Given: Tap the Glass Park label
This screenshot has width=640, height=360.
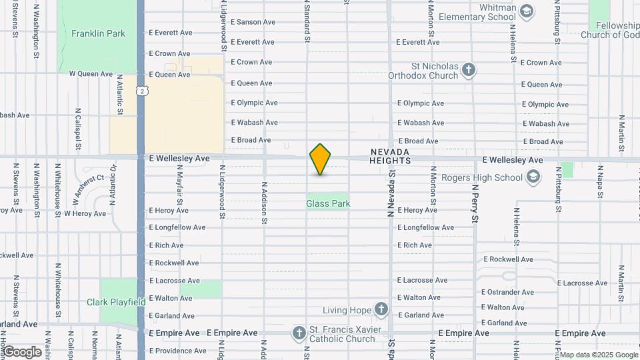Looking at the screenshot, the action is pyautogui.click(x=328, y=203).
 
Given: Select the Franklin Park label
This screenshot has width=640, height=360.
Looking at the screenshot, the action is pyautogui.click(x=98, y=33).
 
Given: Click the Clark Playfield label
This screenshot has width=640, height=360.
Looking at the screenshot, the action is pyautogui.click(x=116, y=302).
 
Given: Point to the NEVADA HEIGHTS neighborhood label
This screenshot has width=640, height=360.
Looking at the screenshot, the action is pyautogui.click(x=390, y=156).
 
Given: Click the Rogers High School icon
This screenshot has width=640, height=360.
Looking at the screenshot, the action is pyautogui.click(x=533, y=177).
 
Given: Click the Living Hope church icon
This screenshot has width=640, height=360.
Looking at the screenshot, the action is pyautogui.click(x=381, y=309).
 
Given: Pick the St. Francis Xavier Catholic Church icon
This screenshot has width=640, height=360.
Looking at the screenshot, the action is pyautogui.click(x=299, y=333).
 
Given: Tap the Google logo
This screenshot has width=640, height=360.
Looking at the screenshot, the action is pyautogui.click(x=21, y=351).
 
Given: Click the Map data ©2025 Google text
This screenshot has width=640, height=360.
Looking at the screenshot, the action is pyautogui.click(x=598, y=355).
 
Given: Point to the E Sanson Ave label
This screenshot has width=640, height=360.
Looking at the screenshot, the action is pyautogui.click(x=253, y=22).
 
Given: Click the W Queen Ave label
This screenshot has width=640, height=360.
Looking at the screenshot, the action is pyautogui.click(x=92, y=74).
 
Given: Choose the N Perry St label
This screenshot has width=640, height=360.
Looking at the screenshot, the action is pyautogui.click(x=475, y=200).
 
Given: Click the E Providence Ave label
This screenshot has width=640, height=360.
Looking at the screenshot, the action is pyautogui.click(x=177, y=351).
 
